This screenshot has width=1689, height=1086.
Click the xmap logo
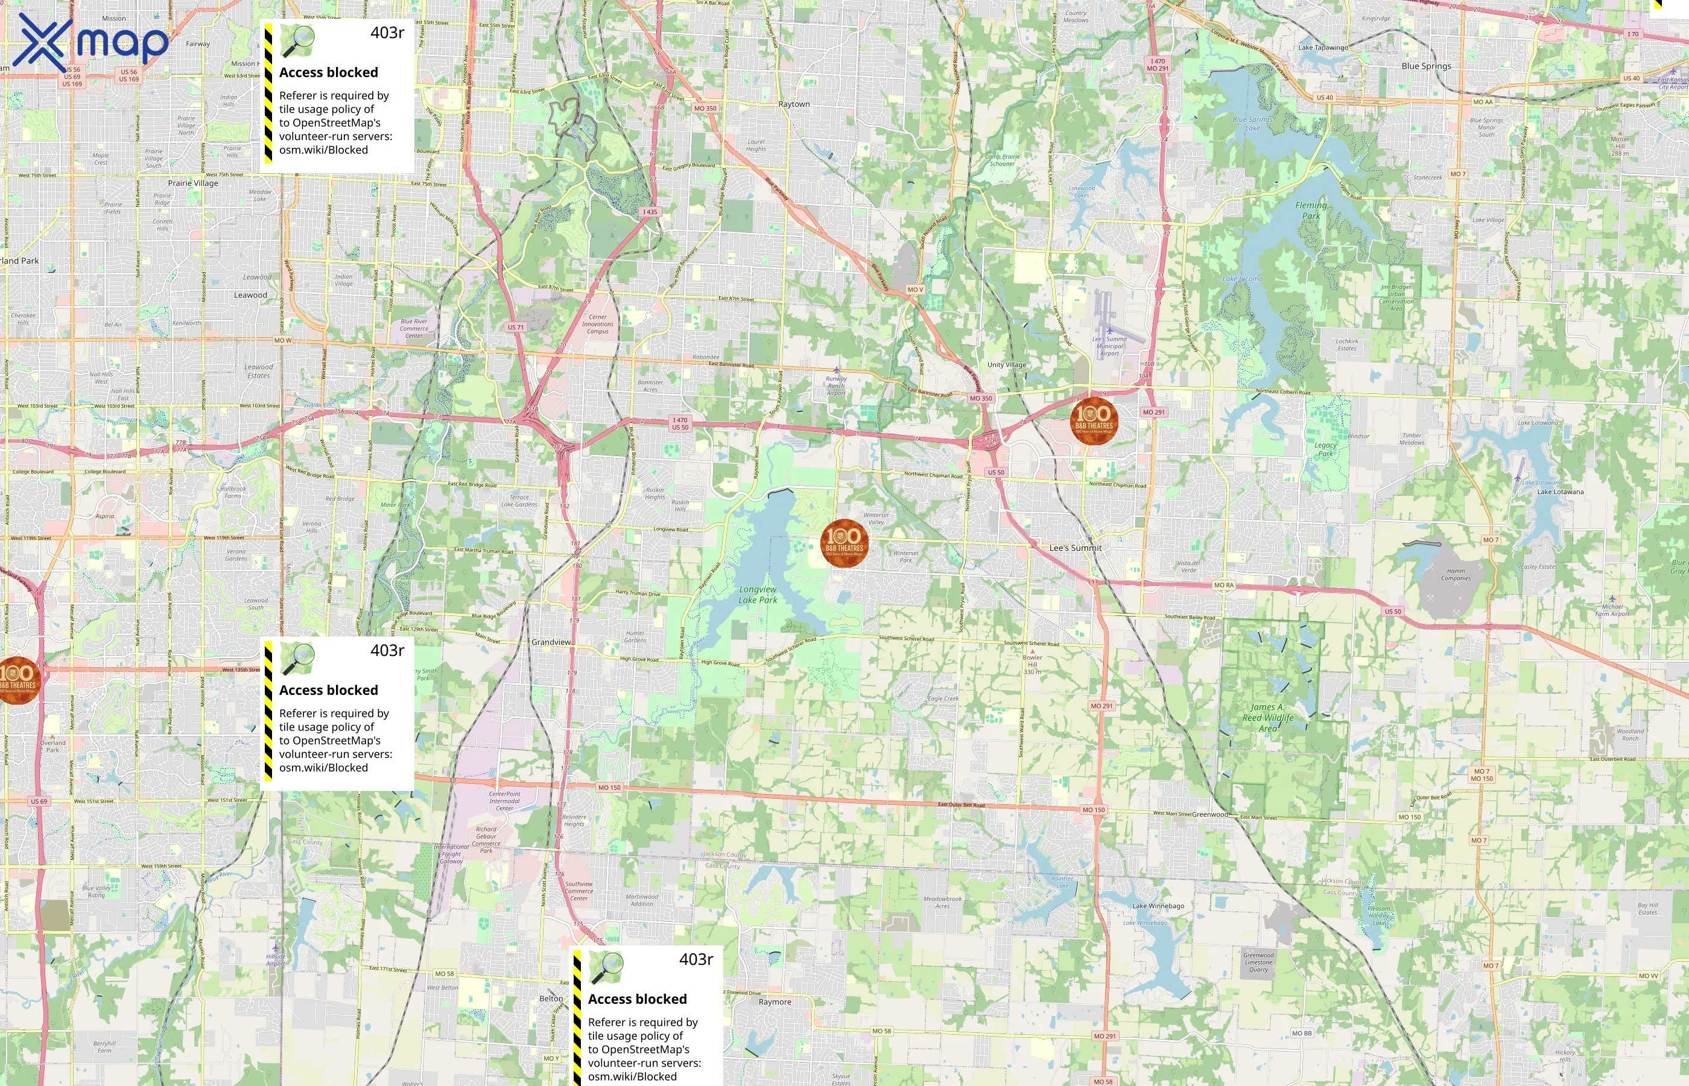[x=90, y=43]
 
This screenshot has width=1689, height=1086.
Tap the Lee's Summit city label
[x=1075, y=548]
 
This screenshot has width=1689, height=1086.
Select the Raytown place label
[x=794, y=104]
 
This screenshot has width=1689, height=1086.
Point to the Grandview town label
[x=551, y=643]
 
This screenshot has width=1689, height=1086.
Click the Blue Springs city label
[x=1426, y=66]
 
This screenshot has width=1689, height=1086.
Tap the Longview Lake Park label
[x=758, y=594]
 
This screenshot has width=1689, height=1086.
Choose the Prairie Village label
[x=192, y=183]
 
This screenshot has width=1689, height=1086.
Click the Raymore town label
[x=775, y=1002]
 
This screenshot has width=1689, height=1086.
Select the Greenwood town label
[x=1209, y=815]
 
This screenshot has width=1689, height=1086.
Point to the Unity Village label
[x=1007, y=365]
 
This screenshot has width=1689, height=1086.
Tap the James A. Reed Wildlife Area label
[x=1267, y=717]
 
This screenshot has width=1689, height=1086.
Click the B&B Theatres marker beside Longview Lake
[x=844, y=543]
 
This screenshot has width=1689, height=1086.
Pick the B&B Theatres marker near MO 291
[x=1094, y=421]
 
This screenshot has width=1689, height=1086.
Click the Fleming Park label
[x=1310, y=211]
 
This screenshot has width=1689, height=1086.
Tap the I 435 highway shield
[x=649, y=212]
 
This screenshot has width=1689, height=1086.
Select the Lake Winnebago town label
[x=1158, y=906]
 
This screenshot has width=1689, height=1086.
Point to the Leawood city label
[x=250, y=296]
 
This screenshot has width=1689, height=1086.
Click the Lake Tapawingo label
[x=1323, y=48]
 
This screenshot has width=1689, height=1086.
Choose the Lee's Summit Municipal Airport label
[x=1109, y=346]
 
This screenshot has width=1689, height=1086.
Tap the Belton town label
[x=551, y=999]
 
